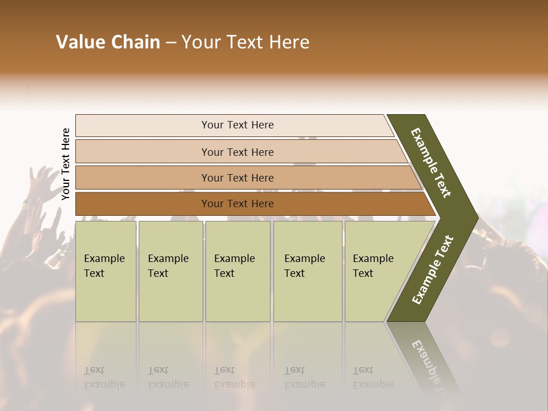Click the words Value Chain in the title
click(108, 42)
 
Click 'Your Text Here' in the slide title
click(245, 42)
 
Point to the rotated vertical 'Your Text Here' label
click(66, 164)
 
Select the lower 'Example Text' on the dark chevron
click(433, 269)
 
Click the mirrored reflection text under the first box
click(104, 377)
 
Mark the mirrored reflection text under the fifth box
click(373, 377)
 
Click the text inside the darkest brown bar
click(237, 204)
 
